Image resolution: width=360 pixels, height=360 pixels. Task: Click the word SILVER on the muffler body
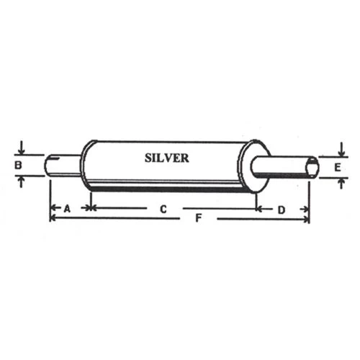(x=167, y=158)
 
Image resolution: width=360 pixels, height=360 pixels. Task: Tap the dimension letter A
(x=67, y=209)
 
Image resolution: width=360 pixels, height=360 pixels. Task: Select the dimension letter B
(x=18, y=165)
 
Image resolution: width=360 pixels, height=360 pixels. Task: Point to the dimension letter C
(x=163, y=209)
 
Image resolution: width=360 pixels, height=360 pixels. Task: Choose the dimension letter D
(x=282, y=210)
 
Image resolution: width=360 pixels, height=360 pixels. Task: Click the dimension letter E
(x=338, y=167)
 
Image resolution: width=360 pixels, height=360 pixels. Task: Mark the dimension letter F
(x=198, y=218)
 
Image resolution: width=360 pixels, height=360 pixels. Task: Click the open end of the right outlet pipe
(x=313, y=167)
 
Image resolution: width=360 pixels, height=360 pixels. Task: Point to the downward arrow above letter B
(x=22, y=148)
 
